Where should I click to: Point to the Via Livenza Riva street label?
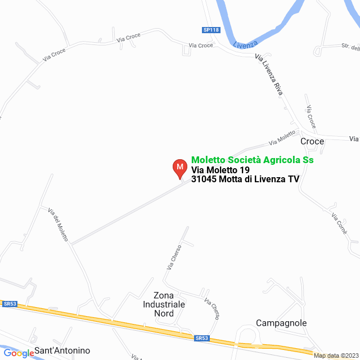point(268,75)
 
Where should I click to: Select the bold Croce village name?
point(312,141)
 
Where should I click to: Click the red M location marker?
point(179,168)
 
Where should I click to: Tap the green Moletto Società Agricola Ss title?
point(253,160)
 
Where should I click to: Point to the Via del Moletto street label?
point(58,225)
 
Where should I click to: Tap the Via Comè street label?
point(339,224)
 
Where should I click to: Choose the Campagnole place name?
point(281,323)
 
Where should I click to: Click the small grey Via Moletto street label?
point(282,137)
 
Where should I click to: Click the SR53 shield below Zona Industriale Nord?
point(202,338)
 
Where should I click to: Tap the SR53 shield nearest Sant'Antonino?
point(10,304)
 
